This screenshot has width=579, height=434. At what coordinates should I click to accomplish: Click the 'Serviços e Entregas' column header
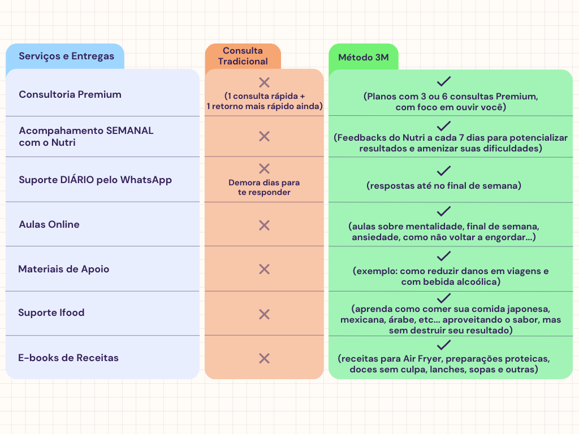coord(67,56)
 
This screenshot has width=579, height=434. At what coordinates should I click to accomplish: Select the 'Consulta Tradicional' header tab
coord(243,56)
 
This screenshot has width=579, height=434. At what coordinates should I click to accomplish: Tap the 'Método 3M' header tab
coord(364,57)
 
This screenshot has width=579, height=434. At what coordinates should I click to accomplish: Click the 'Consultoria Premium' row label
coord(70,94)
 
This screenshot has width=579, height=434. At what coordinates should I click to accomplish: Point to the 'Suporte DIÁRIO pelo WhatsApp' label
coord(95,180)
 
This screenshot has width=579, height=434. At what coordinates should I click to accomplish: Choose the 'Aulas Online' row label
coord(49,224)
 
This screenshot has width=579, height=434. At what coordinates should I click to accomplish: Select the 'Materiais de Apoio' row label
coord(63,269)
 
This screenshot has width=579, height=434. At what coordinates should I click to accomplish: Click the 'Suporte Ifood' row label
coord(51,313)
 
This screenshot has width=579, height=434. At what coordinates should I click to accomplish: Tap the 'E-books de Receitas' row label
coord(68,358)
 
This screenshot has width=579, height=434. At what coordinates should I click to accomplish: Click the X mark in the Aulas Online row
coord(265,225)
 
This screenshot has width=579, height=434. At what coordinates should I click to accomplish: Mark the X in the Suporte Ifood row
coord(265,314)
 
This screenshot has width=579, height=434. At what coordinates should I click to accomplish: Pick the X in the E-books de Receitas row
coord(265,358)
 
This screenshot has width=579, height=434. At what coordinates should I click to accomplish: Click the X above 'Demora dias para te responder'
coord(265,168)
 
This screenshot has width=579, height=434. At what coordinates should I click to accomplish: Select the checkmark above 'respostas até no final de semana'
coord(443,171)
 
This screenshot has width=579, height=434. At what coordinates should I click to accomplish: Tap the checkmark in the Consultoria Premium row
coord(443,81)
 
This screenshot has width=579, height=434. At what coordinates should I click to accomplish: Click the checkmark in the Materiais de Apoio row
coord(443,256)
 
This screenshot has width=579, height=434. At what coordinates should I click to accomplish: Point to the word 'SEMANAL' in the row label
coord(129,131)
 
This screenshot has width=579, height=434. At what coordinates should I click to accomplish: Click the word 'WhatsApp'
coord(146,180)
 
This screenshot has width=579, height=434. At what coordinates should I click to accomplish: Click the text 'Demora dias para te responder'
coord(264,188)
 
